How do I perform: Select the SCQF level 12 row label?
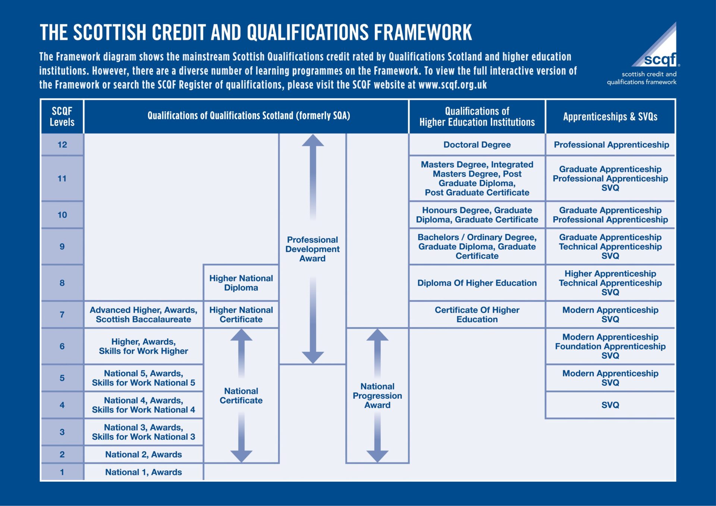(62, 145)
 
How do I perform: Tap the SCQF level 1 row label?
(62, 472)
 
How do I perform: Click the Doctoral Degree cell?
(477, 145)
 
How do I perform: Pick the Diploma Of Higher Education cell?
(477, 283)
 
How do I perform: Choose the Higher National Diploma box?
(241, 283)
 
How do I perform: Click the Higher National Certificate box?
(241, 314)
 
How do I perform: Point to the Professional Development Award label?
(313, 249)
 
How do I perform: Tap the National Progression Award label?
(377, 396)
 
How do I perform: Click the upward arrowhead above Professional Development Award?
(313, 140)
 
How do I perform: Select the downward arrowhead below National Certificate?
(241, 456)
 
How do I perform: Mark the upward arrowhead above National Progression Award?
(377, 335)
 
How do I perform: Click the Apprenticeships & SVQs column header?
(610, 117)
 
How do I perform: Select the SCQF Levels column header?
(62, 117)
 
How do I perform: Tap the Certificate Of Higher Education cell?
(477, 314)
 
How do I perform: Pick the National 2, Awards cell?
(144, 455)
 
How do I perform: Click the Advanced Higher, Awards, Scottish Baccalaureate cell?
(144, 314)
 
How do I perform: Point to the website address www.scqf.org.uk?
(453, 85)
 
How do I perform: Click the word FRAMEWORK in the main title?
(423, 32)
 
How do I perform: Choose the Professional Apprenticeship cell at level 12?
(611, 145)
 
